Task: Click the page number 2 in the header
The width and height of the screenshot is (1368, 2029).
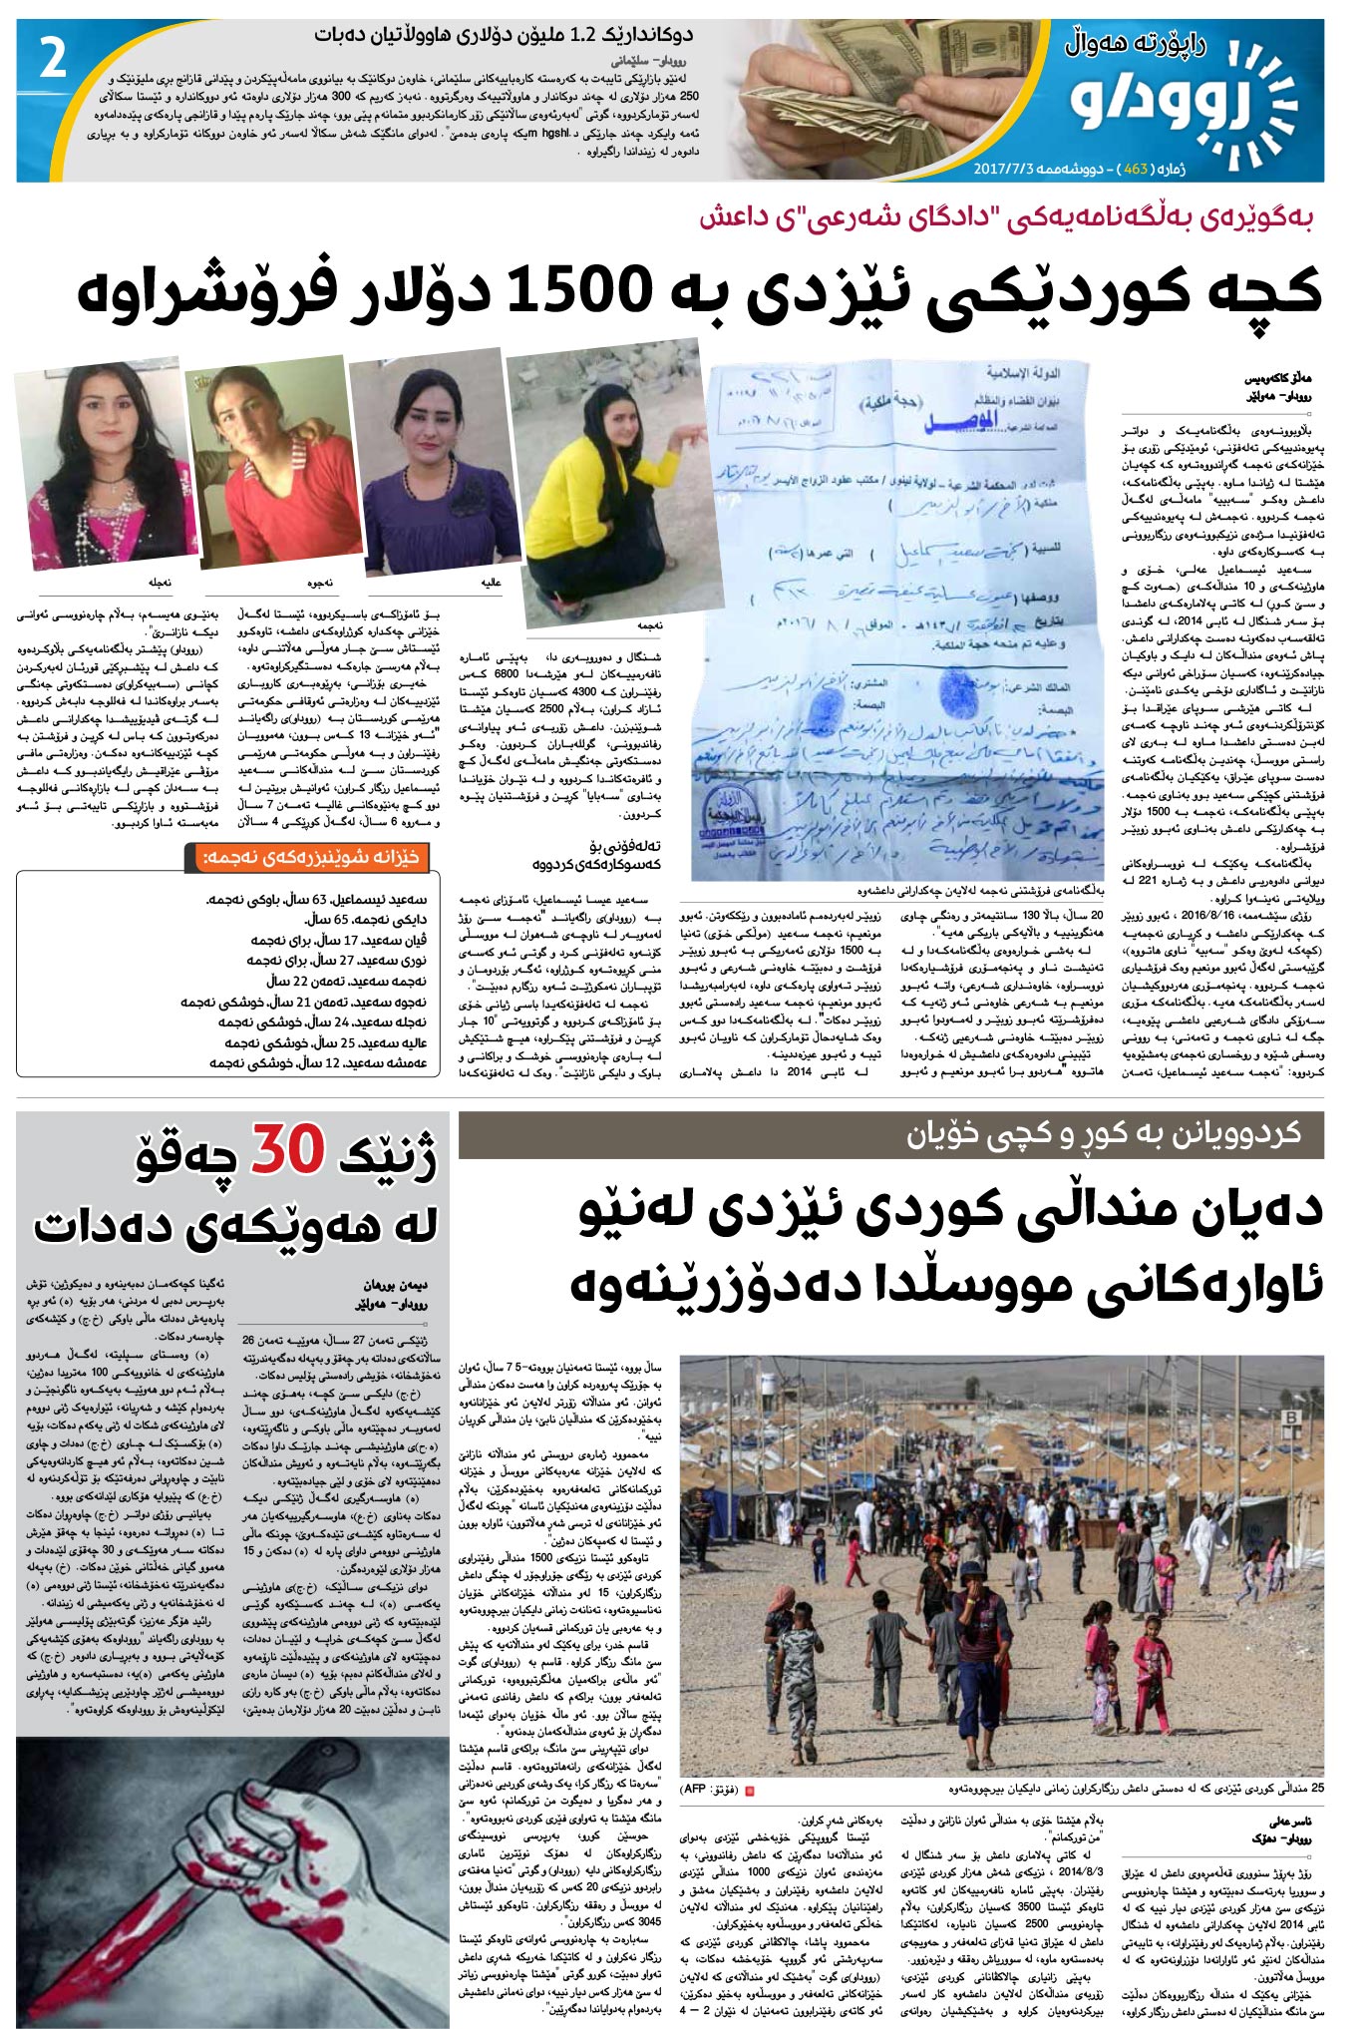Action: click(x=53, y=59)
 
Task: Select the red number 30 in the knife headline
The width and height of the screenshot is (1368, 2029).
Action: click(x=287, y=1150)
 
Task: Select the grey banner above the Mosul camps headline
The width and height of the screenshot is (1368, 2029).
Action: click(x=890, y=1134)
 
